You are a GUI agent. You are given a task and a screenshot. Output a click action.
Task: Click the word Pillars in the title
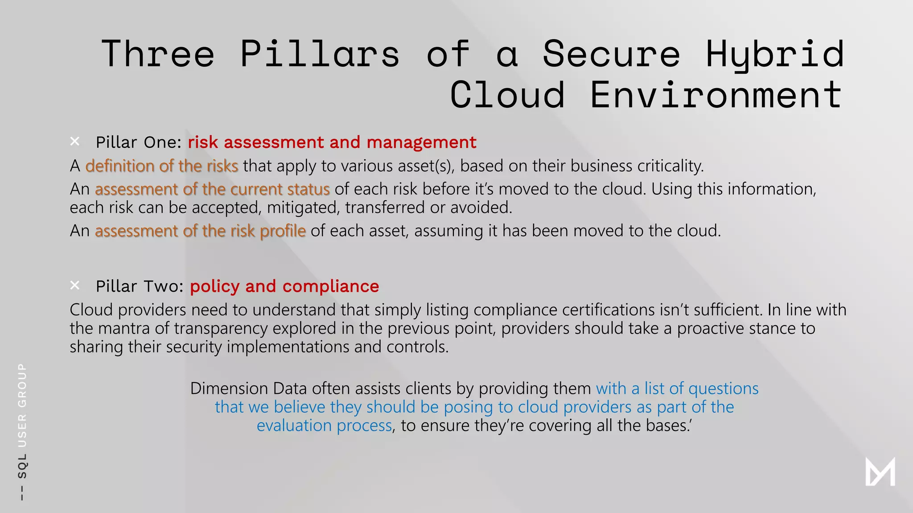pyautogui.click(x=319, y=54)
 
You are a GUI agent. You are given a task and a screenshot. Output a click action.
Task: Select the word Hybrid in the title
pyautogui.click(x=775, y=54)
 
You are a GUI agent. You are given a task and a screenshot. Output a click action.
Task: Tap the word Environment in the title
pyautogui.click(x=716, y=95)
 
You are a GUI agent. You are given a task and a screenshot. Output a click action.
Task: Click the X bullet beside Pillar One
pyautogui.click(x=75, y=142)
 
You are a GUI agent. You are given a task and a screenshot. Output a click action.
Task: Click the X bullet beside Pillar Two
pyautogui.click(x=75, y=285)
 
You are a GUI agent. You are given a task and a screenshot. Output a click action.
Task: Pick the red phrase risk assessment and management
pyautogui.click(x=332, y=142)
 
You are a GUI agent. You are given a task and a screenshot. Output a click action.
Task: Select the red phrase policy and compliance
pyautogui.click(x=284, y=286)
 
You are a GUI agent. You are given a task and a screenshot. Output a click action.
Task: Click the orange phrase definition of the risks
pyautogui.click(x=162, y=166)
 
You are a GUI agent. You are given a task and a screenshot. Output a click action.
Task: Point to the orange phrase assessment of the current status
pyautogui.click(x=212, y=189)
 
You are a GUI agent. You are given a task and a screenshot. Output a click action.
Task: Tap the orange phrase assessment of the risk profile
pyautogui.click(x=200, y=231)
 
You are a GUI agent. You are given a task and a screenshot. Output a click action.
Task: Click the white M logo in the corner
pyautogui.click(x=880, y=472)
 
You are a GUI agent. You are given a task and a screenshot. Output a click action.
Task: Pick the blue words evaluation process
pyautogui.click(x=324, y=426)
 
